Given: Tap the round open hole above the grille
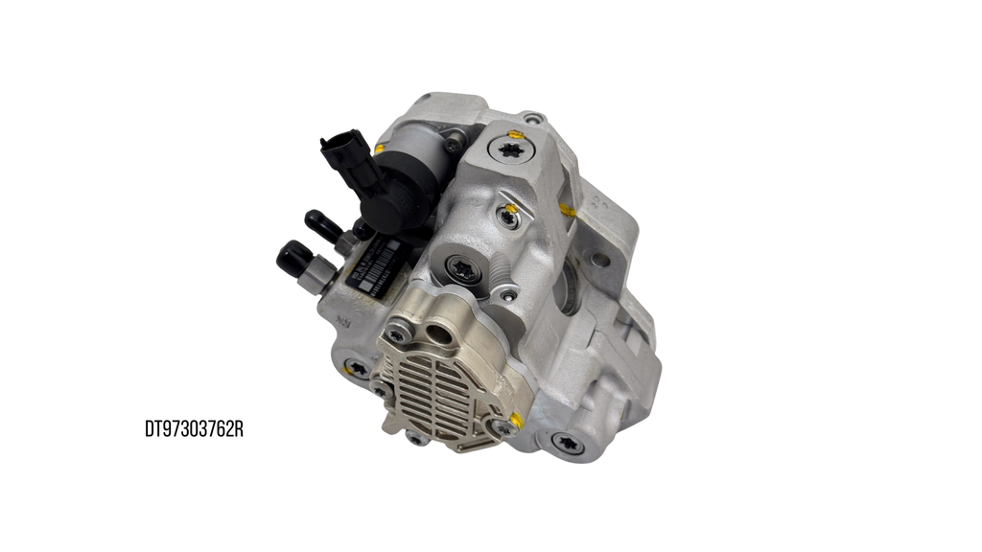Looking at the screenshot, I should click(443, 335).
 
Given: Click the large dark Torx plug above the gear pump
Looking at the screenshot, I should click(465, 270).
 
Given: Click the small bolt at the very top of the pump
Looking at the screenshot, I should click(532, 119).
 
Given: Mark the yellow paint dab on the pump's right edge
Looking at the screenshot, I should click(569, 209).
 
